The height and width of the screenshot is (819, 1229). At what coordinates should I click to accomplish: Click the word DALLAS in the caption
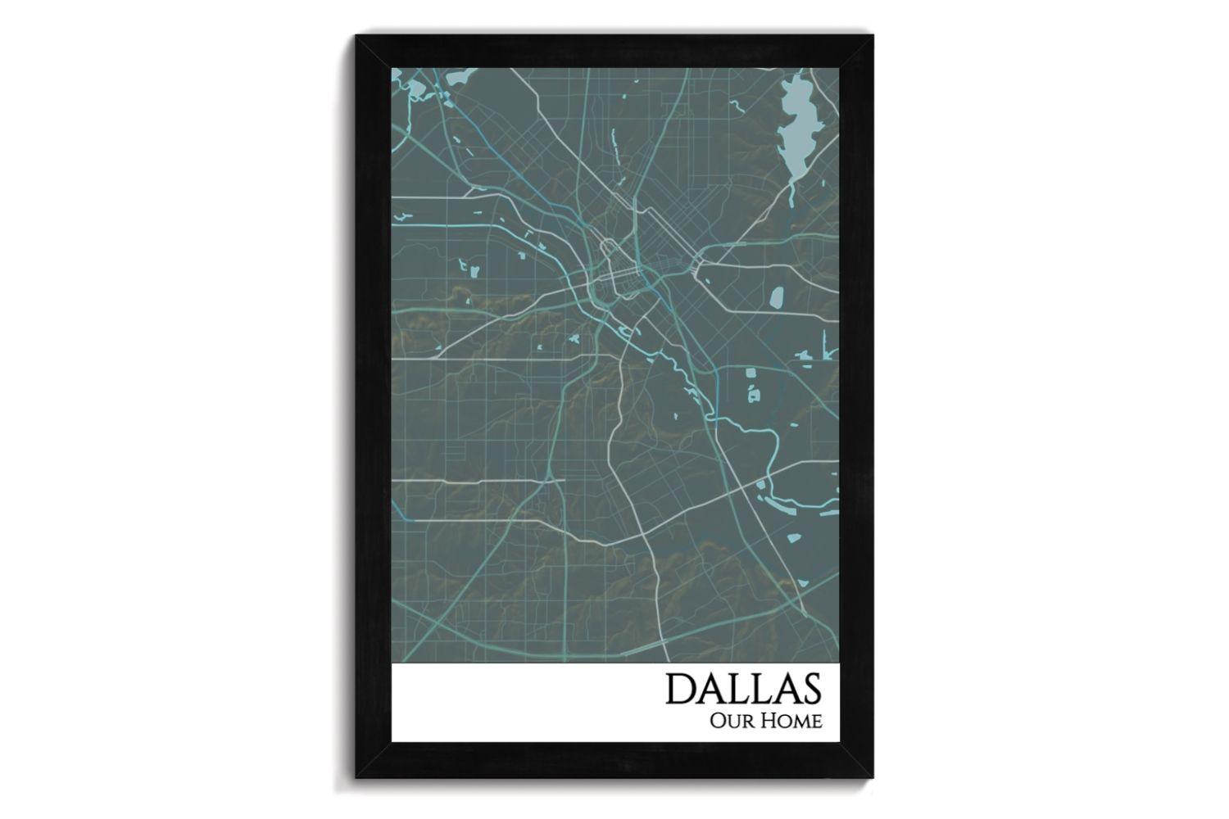pos(742,689)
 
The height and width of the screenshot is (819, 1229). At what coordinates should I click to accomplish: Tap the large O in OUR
pos(720,722)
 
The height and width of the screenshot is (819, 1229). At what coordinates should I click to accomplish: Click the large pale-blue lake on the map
pos(794,123)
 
